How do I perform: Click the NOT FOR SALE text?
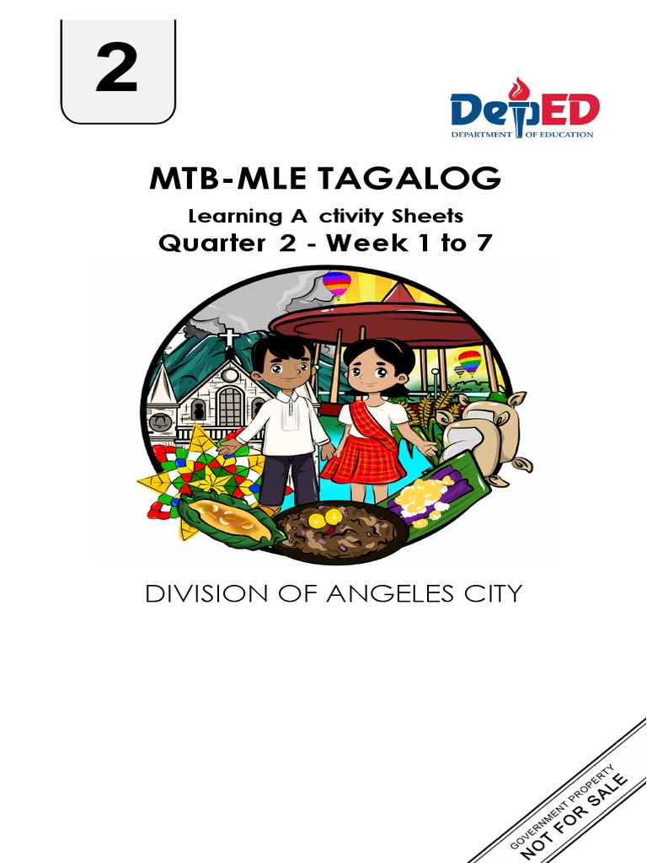(x=575, y=817)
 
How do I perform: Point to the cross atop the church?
(x=228, y=338)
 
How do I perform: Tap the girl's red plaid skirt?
(x=363, y=459)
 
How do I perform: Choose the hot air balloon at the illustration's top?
(x=337, y=283)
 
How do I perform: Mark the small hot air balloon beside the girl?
(x=469, y=362)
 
